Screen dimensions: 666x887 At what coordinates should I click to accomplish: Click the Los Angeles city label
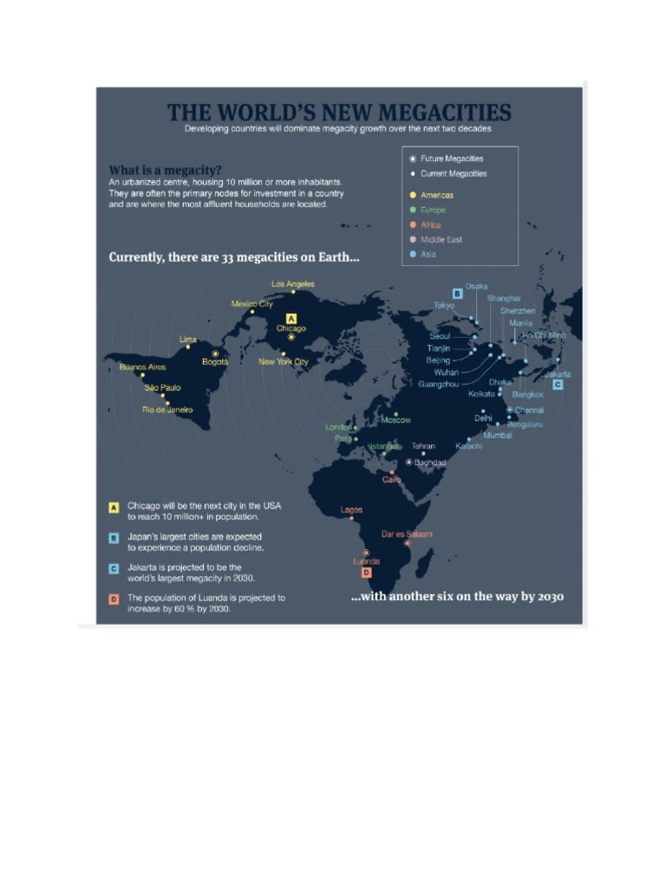[x=293, y=284]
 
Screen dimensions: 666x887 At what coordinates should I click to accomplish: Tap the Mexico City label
[x=251, y=304]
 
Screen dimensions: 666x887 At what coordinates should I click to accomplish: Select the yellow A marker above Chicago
[x=291, y=318]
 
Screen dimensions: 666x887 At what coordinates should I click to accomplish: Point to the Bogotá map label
[x=215, y=362]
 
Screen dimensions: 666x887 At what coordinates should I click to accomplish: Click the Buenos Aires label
[x=142, y=367]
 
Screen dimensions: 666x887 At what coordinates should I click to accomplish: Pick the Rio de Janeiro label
[x=167, y=410]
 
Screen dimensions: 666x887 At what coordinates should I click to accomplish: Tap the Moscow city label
[x=396, y=420]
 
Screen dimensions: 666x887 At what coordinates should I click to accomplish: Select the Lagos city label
[x=352, y=510]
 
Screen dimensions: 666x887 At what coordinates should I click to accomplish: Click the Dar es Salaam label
[x=407, y=534]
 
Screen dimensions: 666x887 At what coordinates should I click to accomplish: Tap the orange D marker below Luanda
[x=367, y=573]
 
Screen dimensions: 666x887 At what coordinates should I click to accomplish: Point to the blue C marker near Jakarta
[x=558, y=384]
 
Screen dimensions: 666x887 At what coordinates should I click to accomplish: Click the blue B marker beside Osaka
[x=457, y=294]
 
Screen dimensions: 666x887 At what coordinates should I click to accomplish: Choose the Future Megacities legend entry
[x=452, y=159]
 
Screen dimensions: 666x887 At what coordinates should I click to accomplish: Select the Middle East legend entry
[x=441, y=240]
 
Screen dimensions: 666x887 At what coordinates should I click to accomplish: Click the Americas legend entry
[x=437, y=196]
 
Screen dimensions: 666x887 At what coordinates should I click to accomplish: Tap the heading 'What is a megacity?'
[x=165, y=169]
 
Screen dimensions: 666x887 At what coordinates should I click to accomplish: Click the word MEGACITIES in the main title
[x=446, y=113]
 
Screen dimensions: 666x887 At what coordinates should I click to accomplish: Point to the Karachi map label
[x=469, y=446]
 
